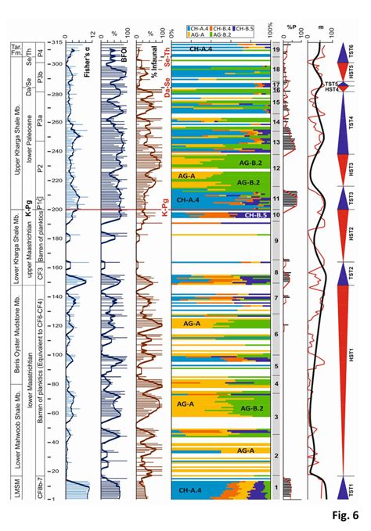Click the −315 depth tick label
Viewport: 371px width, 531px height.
[56, 42]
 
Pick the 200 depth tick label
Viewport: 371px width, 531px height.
[56, 210]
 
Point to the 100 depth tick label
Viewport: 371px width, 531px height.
[56, 354]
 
